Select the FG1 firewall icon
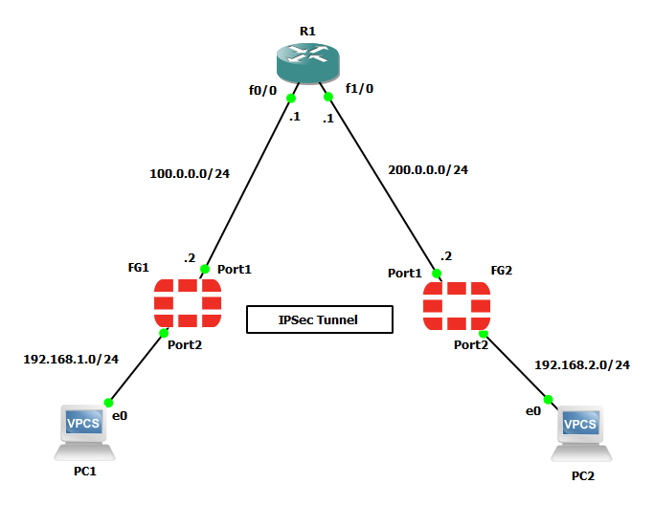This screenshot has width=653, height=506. (188, 303)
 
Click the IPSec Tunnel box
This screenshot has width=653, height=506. (320, 319)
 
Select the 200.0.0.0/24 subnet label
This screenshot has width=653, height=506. (428, 169)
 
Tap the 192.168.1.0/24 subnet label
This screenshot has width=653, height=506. (71, 360)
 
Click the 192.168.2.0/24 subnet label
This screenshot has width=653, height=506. (582, 364)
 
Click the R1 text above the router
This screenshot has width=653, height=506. (307, 31)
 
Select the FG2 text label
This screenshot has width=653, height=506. (502, 272)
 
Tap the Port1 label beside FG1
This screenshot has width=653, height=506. (234, 270)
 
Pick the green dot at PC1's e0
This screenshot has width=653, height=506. (108, 403)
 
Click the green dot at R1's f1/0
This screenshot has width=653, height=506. (327, 97)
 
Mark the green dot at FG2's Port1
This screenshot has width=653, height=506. (437, 274)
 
